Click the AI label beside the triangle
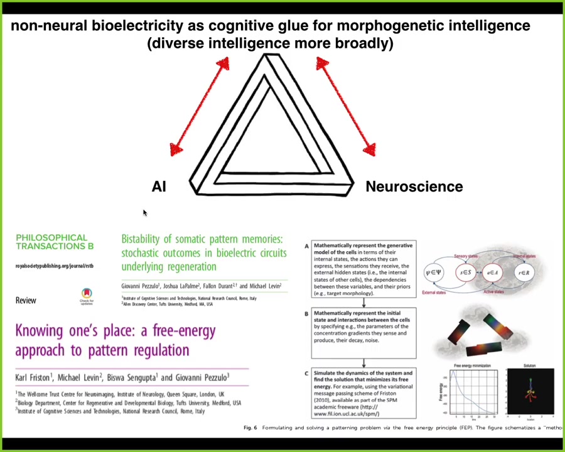tap(159, 186)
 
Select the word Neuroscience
tap(414, 186)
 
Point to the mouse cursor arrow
tap(144, 213)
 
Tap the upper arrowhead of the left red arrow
tap(223, 63)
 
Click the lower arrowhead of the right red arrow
tap(369, 149)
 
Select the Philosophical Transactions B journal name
tap(54, 242)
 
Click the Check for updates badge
tap(87, 295)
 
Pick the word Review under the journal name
tap(26, 300)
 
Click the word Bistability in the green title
tap(146, 239)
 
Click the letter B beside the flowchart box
tap(306, 313)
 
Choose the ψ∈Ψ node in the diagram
tap(434, 272)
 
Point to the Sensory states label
tap(465, 256)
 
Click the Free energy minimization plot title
tap(472, 365)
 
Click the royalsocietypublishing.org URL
tap(54, 266)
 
